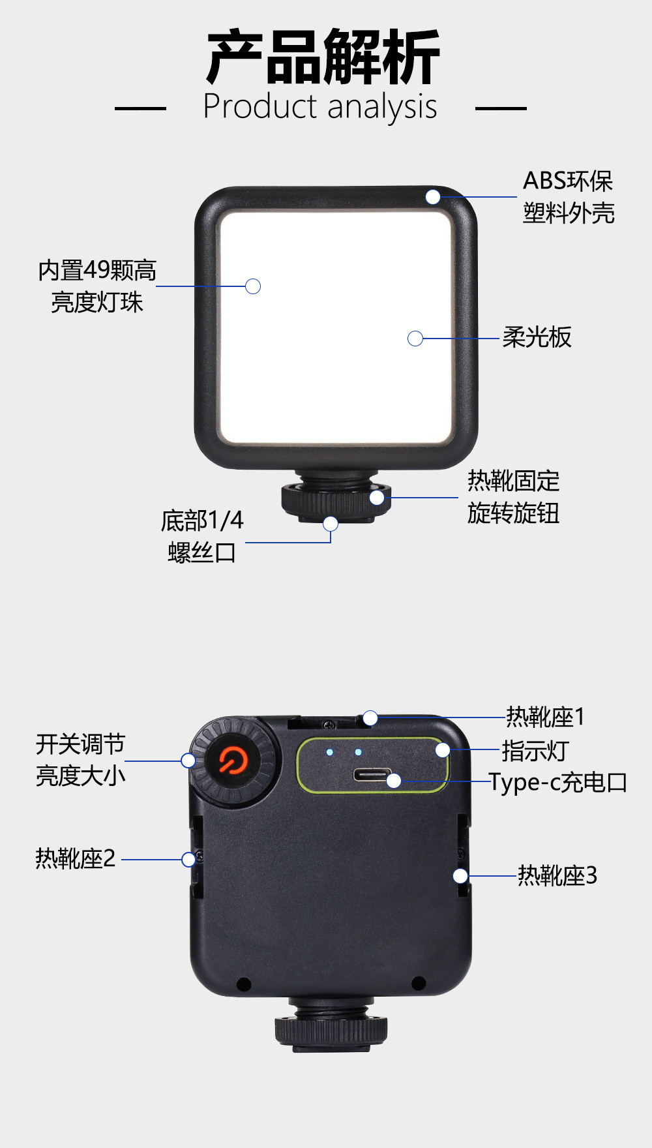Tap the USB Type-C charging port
click(372, 775)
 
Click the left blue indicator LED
click(330, 752)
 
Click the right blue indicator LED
click(358, 752)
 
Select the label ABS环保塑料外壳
click(568, 197)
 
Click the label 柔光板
click(537, 337)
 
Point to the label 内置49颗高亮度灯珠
click(97, 286)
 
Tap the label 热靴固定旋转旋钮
click(513, 497)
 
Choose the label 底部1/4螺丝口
click(202, 536)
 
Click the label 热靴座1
click(545, 717)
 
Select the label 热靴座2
click(76, 858)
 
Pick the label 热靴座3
click(557, 875)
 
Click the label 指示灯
click(535, 751)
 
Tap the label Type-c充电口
click(558, 782)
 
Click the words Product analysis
click(319, 107)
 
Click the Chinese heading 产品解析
click(323, 57)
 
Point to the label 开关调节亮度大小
click(80, 760)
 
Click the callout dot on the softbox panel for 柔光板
click(415, 339)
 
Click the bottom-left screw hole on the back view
click(244, 983)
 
